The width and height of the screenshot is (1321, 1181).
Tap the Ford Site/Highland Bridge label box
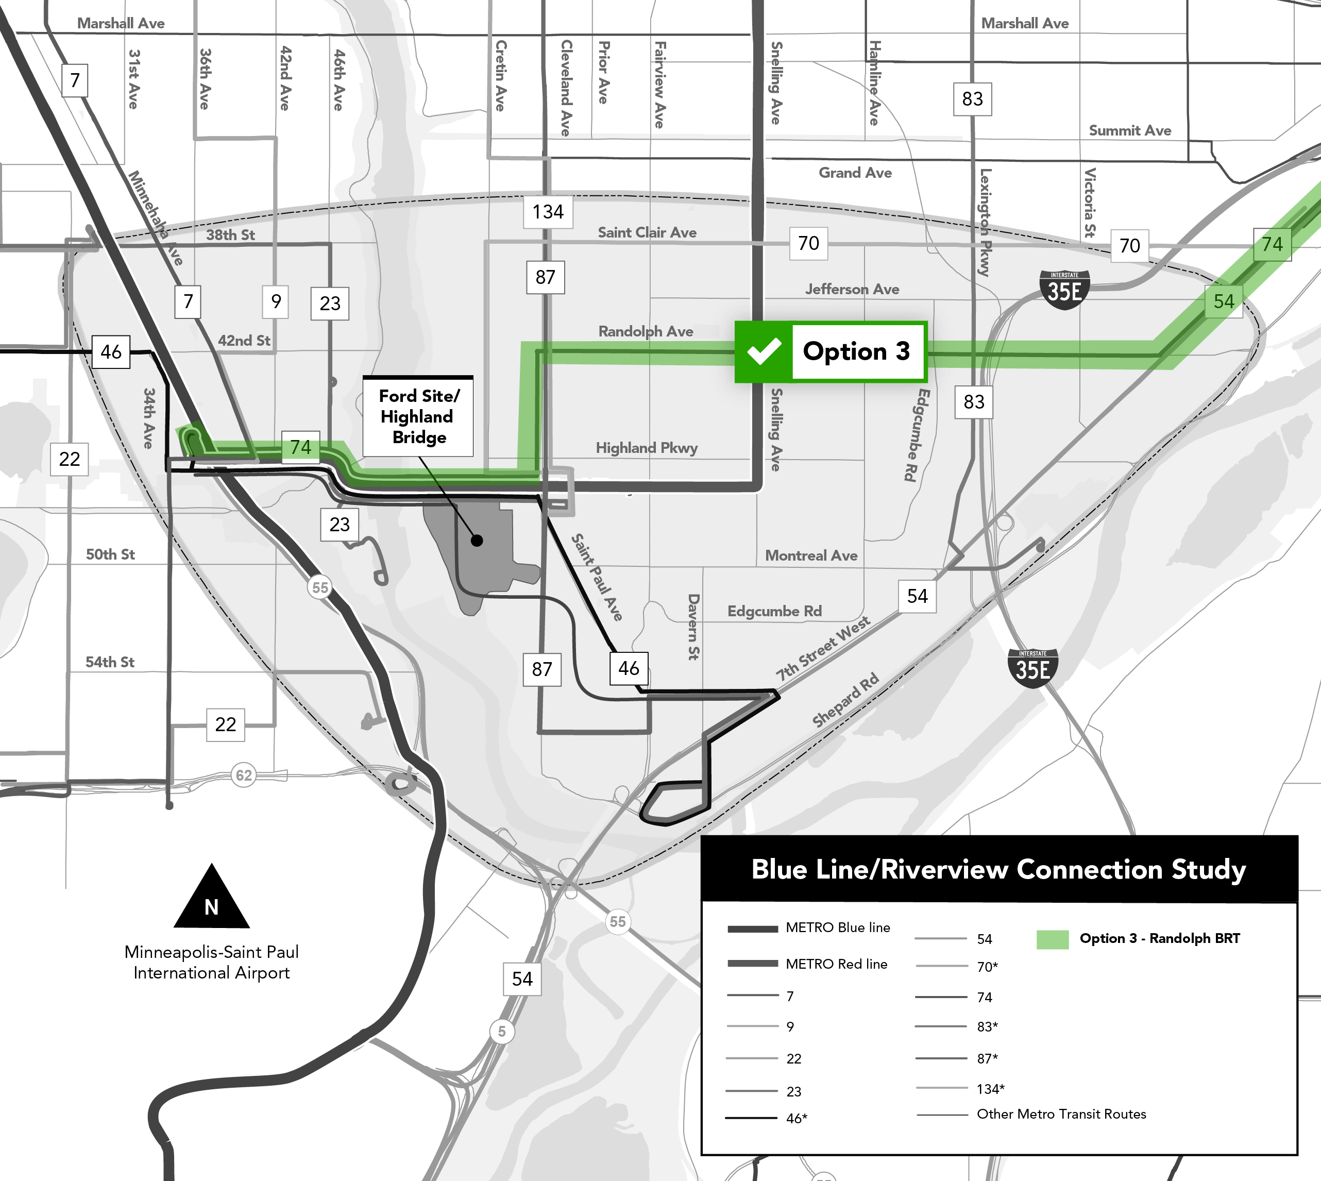click(418, 416)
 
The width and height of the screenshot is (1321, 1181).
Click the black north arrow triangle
click(212, 899)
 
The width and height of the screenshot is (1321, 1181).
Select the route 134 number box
click(548, 212)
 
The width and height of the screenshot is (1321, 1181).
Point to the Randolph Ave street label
click(646, 332)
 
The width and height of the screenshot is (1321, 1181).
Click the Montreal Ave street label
click(811, 555)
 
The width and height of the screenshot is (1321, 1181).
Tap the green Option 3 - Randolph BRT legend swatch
click(1053, 939)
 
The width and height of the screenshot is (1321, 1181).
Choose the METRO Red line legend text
click(836, 964)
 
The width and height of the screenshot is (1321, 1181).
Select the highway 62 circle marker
click(243, 775)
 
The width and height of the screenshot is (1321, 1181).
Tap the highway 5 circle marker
click(501, 1031)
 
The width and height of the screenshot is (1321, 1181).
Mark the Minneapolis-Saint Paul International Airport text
click(212, 963)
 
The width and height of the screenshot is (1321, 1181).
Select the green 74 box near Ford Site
click(300, 447)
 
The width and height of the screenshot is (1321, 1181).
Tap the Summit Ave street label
click(1129, 130)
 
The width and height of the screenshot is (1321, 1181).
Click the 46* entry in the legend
click(797, 1118)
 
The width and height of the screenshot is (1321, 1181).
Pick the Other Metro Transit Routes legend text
click(1061, 1114)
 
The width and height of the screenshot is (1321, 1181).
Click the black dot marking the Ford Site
click(477, 541)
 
